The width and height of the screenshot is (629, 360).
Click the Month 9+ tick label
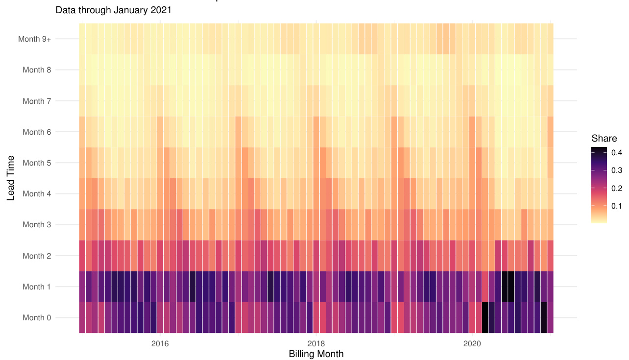pos(34,39)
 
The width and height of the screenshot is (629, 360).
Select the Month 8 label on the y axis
pos(37,70)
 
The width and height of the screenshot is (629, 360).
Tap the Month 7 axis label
pos(37,101)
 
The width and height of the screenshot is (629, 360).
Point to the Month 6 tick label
pos(37,132)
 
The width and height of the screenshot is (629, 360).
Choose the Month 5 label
pos(37,163)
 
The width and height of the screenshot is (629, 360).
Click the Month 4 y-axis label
pos(37,193)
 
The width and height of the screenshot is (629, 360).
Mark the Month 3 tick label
pos(37,225)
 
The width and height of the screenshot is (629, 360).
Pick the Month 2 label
pos(37,256)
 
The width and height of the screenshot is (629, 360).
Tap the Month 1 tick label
pos(37,287)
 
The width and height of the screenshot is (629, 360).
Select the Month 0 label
pos(37,318)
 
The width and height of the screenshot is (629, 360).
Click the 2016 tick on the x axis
pos(160,343)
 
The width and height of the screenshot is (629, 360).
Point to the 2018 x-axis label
pos(316,343)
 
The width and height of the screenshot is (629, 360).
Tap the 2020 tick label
pos(472,343)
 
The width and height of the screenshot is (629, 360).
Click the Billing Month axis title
pos(316,354)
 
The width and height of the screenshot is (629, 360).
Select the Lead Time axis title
pos(11,178)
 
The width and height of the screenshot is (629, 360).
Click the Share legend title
pos(604,139)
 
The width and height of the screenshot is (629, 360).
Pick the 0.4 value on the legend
pos(616,153)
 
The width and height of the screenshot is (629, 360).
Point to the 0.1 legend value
pos(616,206)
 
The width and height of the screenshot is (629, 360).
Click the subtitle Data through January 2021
pos(114,10)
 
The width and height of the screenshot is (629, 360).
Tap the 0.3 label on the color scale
pos(616,170)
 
